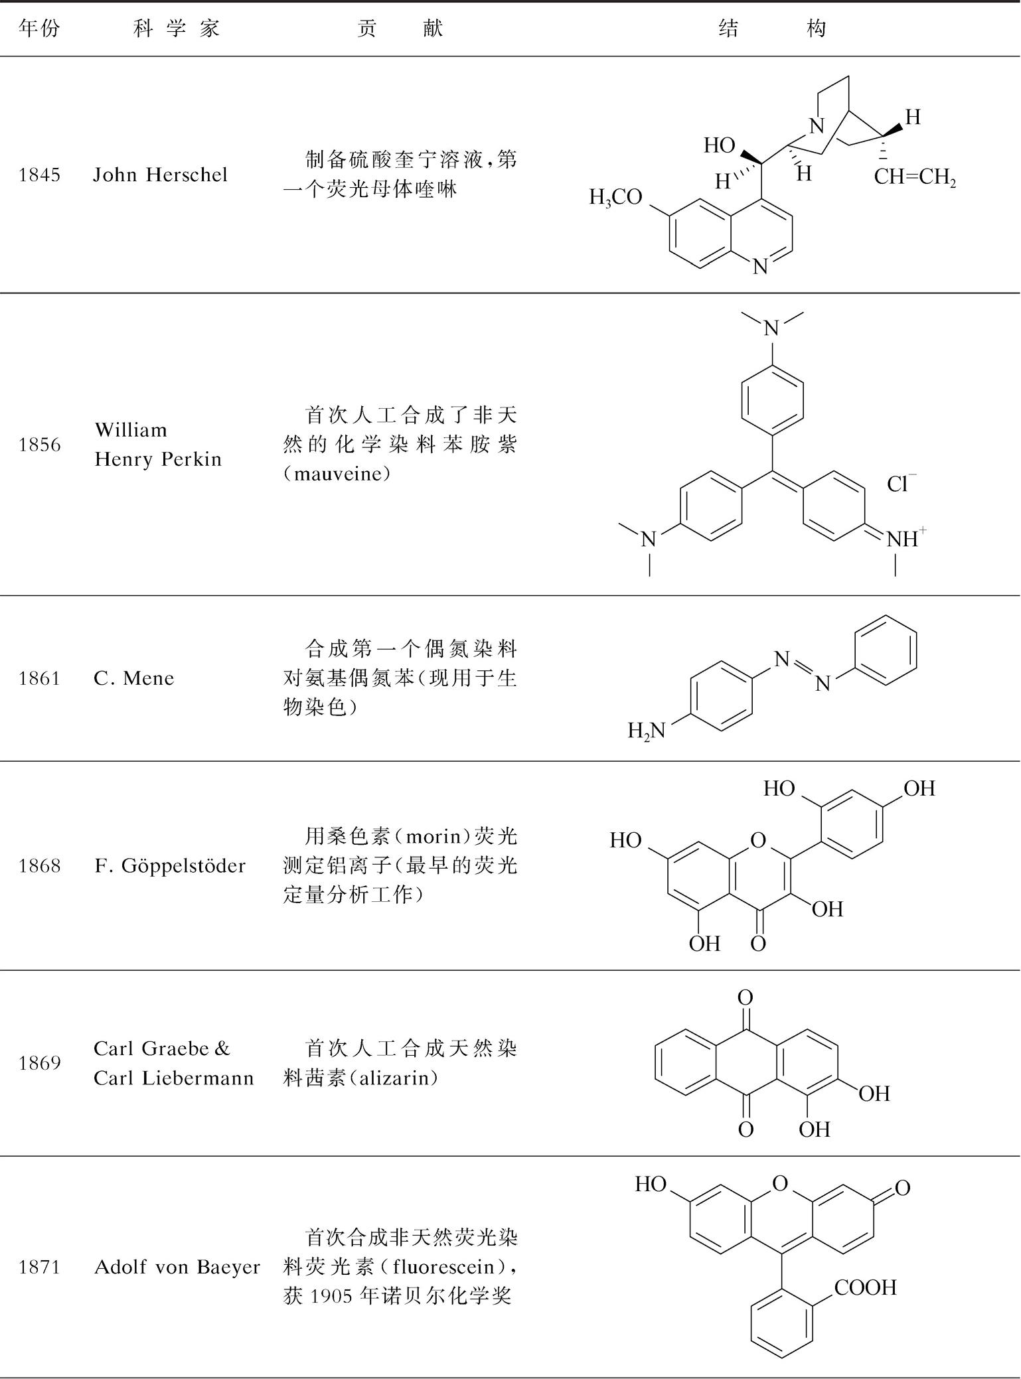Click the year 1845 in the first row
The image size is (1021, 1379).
click(40, 175)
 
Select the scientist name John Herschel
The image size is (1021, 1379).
click(160, 175)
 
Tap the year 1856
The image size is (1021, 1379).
click(40, 445)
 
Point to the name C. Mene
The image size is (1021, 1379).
click(133, 678)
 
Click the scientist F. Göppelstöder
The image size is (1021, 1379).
click(170, 865)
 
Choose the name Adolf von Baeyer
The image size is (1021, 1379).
click(177, 1267)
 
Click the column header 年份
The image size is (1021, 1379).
click(39, 29)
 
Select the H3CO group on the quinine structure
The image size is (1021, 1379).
click(615, 198)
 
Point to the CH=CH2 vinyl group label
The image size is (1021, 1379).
click(914, 177)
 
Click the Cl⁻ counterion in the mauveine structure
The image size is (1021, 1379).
click(901, 484)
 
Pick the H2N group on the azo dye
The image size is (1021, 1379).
click(646, 731)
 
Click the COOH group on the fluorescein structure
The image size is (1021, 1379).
click(865, 1287)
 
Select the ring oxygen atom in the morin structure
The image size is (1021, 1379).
click(758, 841)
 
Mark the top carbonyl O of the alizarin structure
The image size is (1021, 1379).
click(746, 997)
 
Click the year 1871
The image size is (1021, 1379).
click(40, 1267)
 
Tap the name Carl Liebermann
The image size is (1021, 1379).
click(174, 1078)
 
